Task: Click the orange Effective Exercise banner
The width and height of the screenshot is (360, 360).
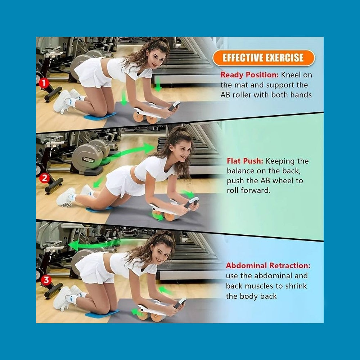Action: point(264,58)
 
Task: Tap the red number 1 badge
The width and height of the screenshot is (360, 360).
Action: point(44,83)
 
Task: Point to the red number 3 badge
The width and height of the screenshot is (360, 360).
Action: point(46,280)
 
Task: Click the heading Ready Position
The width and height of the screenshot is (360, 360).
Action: point(249,75)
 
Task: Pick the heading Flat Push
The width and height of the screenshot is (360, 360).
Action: point(245,161)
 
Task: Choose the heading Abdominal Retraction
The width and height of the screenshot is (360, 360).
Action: point(268,266)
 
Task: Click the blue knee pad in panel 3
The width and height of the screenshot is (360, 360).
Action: point(102,314)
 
